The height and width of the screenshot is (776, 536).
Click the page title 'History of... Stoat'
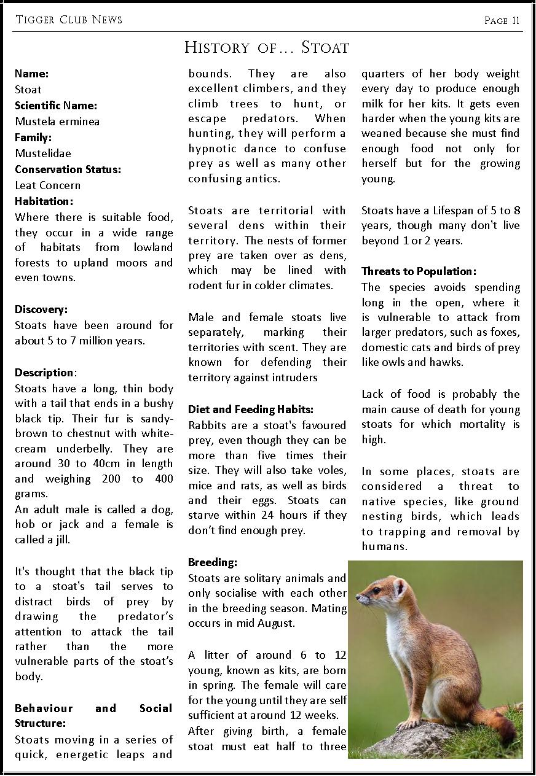tap(267, 47)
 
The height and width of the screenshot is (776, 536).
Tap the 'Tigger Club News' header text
tap(68, 20)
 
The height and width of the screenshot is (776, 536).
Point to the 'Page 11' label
tap(502, 20)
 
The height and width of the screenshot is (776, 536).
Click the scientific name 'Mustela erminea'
tap(57, 121)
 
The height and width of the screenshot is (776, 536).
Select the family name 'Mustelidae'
tap(43, 153)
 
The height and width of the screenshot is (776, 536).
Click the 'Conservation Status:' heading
tap(68, 169)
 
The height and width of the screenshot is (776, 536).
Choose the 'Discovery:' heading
tap(41, 309)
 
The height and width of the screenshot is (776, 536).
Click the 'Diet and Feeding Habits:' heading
tap(251, 409)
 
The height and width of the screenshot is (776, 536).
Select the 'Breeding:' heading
tap(213, 562)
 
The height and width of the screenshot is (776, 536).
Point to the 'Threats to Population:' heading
tap(419, 271)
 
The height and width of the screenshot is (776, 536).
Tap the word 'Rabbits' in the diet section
tap(207, 425)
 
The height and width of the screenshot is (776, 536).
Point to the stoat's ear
tap(400, 588)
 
